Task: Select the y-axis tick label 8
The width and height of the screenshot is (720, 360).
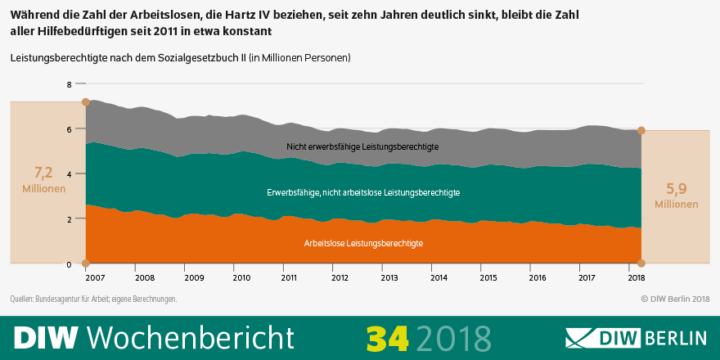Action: [x=70, y=84]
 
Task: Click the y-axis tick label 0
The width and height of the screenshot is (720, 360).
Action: [x=70, y=264]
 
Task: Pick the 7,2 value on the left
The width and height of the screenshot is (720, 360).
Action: [x=43, y=172]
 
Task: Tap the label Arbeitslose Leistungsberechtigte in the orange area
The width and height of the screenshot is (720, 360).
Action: [x=363, y=244]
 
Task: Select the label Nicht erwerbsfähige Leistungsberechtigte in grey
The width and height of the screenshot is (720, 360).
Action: [x=362, y=146]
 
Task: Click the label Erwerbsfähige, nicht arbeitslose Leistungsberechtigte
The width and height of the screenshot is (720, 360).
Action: [x=363, y=193]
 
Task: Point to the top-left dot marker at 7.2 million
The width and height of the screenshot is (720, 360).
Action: [x=85, y=102]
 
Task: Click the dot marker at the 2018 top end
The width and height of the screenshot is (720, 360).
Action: [x=641, y=131]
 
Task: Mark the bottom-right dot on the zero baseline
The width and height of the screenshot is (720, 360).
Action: [x=641, y=263]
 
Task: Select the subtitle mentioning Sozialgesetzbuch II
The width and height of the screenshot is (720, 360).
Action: [x=180, y=58]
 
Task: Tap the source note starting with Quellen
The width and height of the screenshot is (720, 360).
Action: [x=93, y=299]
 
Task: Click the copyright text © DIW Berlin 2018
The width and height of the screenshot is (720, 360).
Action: [x=674, y=299]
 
